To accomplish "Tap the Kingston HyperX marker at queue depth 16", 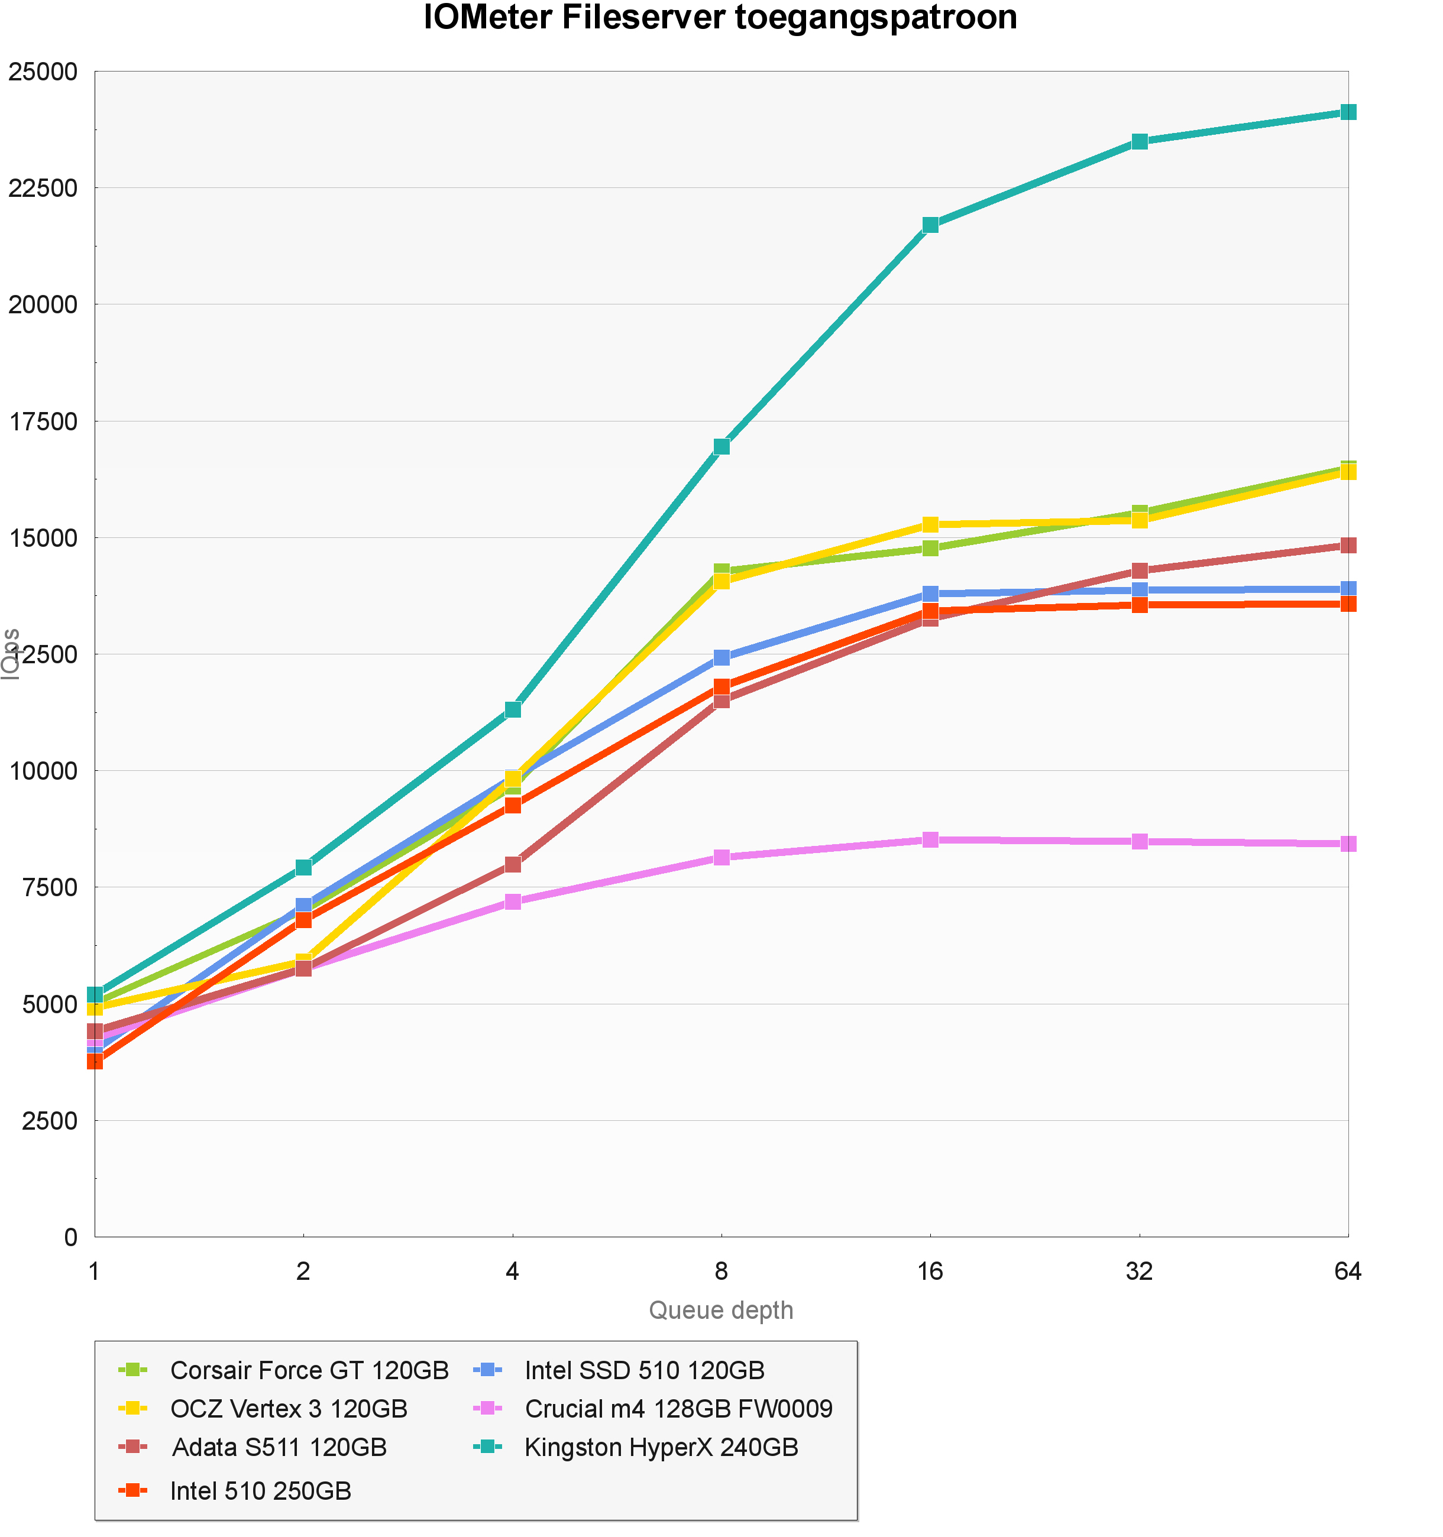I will [x=930, y=225].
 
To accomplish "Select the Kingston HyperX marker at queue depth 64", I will [x=1348, y=112].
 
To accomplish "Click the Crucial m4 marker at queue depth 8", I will [x=721, y=857].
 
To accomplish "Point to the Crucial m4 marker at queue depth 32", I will [x=1139, y=841].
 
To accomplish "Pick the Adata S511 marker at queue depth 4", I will [x=513, y=864].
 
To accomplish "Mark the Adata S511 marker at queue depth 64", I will [x=1348, y=545].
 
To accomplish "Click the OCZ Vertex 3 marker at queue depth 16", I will [x=930, y=525].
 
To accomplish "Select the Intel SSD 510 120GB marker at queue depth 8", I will [x=721, y=657].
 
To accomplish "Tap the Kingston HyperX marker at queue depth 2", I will [x=304, y=867].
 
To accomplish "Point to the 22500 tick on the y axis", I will [x=43, y=188].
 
